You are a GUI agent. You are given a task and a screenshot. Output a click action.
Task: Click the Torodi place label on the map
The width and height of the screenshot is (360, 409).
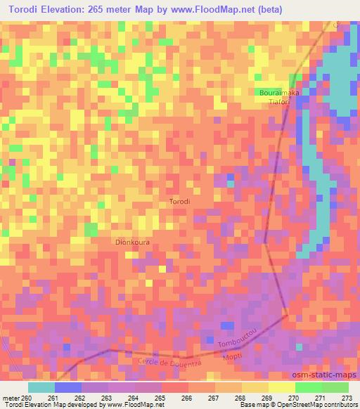tap(180, 202)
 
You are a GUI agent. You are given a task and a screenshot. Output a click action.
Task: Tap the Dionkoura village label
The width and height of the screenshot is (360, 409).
tap(132, 241)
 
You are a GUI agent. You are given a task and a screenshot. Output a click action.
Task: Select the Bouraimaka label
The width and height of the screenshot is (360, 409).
tap(279, 93)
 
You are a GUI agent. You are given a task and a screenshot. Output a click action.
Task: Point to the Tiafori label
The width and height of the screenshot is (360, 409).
tap(281, 102)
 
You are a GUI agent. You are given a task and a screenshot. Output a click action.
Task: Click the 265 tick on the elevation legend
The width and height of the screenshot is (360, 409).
tap(161, 398)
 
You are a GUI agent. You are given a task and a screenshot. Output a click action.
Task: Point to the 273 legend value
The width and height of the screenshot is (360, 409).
tap(345, 398)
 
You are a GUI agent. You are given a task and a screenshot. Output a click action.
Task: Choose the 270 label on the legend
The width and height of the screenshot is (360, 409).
tap(294, 398)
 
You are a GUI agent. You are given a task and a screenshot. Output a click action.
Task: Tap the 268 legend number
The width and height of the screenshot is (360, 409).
tap(241, 398)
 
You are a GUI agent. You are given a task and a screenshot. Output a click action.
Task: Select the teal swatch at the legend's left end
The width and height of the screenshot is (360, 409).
tap(41, 387)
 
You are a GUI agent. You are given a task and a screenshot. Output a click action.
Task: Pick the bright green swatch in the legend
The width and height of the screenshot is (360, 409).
tap(308, 387)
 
